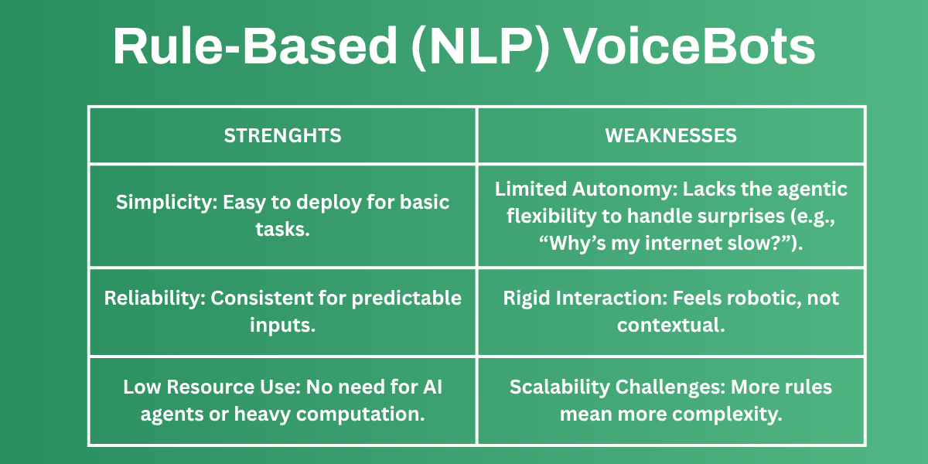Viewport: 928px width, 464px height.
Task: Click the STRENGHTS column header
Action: pyautogui.click(x=282, y=135)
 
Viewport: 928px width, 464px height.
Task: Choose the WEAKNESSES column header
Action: pyautogui.click(x=670, y=135)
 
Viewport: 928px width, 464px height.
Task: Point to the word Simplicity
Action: pyautogui.click(x=165, y=203)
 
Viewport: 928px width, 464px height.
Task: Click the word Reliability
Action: pyautogui.click(x=155, y=298)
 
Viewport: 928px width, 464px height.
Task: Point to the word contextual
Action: pyautogui.click(x=670, y=325)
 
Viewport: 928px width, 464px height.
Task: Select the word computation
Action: pyautogui.click(x=377, y=413)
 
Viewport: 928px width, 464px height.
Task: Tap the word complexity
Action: pyautogui.click(x=728, y=413)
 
